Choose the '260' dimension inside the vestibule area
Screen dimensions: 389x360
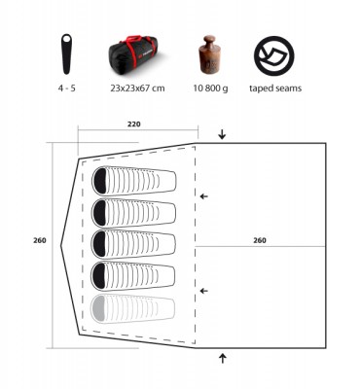pyautogui.click(x=260, y=240)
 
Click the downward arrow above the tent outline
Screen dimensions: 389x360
pyautogui.click(x=223, y=134)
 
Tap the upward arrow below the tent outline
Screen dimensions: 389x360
pyautogui.click(x=223, y=358)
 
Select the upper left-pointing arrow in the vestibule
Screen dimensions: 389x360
pyautogui.click(x=203, y=196)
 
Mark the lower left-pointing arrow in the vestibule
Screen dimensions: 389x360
pyautogui.click(x=203, y=291)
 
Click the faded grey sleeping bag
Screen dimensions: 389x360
pyautogui.click(x=134, y=309)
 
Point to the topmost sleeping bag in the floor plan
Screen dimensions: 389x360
pyautogui.click(x=134, y=181)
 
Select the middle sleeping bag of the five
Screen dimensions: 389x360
pyautogui.click(x=134, y=245)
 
